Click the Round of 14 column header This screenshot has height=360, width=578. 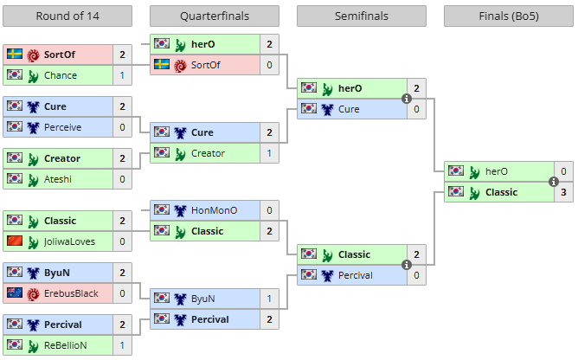coord(67,16)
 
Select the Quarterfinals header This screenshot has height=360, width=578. coord(214,16)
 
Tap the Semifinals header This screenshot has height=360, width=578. coord(362,16)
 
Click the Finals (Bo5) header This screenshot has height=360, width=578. coord(509,16)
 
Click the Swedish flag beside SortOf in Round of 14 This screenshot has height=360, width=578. coord(14,55)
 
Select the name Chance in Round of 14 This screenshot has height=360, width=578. coord(61,75)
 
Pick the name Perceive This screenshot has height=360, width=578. coord(63,127)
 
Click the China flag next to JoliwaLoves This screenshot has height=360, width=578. coord(14,241)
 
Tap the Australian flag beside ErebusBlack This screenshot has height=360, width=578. coord(14,293)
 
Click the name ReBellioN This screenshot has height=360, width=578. coord(66,345)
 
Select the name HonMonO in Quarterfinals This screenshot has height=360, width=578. coord(213,210)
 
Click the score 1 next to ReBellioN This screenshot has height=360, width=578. coord(123,345)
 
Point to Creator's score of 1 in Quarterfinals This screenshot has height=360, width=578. coord(270,153)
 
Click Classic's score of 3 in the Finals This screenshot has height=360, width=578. coord(564,192)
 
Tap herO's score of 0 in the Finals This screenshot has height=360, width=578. coord(564,171)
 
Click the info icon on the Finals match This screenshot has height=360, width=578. coord(554,182)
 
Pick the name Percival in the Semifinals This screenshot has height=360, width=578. coord(355,275)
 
